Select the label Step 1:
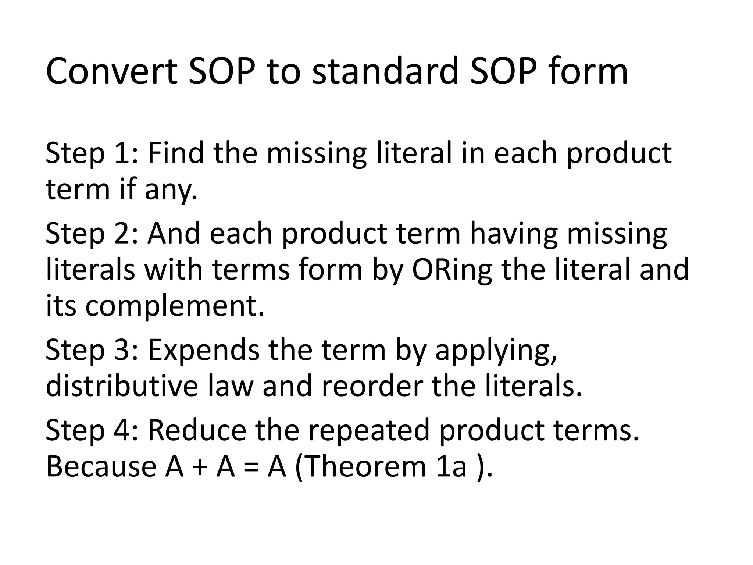(x=92, y=154)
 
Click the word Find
(x=176, y=154)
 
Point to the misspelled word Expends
(x=204, y=351)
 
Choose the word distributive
(x=122, y=387)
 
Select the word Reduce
(x=197, y=431)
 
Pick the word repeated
(x=369, y=431)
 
